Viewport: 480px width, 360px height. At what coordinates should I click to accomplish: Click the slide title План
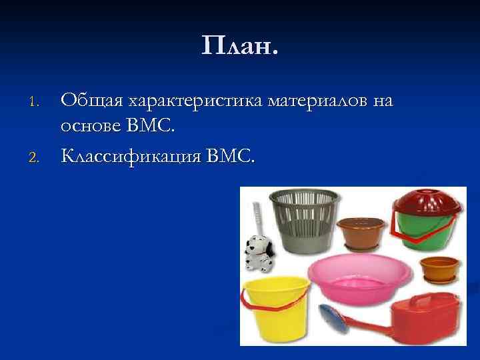240,46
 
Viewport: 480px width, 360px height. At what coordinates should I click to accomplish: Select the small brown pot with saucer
439,271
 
